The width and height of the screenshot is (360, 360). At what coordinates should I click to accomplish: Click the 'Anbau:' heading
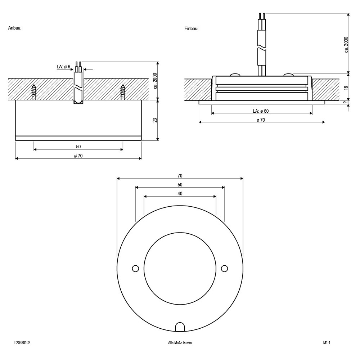[15, 28]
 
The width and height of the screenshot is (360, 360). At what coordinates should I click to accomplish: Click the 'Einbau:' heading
[191, 28]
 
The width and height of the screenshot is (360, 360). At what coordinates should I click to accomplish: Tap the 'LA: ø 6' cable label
[63, 67]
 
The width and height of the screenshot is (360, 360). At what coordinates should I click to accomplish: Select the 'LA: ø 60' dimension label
[261, 111]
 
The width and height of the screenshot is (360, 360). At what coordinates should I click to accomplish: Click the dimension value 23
[155, 120]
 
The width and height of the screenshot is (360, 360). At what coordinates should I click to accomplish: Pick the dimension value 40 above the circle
[180, 194]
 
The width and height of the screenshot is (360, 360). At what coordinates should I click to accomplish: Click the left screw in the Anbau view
[34, 92]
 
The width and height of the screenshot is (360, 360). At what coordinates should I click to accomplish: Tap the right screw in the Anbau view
[123, 92]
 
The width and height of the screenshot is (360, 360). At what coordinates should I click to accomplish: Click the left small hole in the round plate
[135, 269]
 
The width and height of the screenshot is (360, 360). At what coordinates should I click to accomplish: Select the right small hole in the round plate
[224, 269]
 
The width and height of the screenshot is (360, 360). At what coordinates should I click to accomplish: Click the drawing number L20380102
[22, 343]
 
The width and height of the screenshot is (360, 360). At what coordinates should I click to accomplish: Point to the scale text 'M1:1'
[327, 343]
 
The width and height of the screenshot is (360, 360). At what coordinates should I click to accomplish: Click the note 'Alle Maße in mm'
[180, 343]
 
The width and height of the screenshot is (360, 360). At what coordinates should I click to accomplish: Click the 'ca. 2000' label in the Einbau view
[346, 45]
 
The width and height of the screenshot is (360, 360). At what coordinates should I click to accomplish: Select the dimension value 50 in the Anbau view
[78, 147]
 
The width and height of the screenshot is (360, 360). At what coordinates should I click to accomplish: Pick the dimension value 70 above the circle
[180, 176]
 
